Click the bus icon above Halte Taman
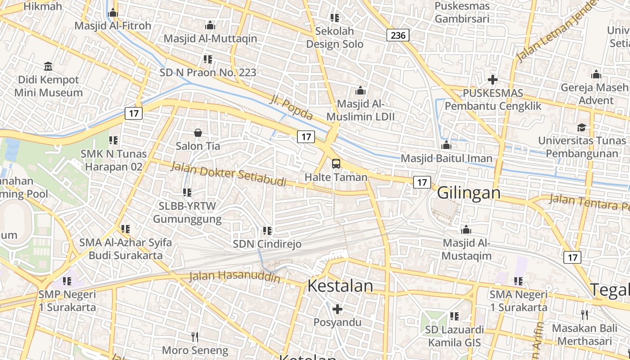(x=336, y=164)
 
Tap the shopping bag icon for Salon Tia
(x=198, y=133)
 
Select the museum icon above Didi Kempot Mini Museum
(x=48, y=67)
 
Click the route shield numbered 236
(x=398, y=35)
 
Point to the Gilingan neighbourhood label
(x=468, y=193)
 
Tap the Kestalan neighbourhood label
(x=340, y=286)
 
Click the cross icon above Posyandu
(x=337, y=309)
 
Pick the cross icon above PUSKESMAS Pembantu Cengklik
(x=493, y=80)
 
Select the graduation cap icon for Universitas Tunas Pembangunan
(x=581, y=127)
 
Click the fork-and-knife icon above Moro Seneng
(x=195, y=337)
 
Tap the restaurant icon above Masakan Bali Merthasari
(x=585, y=315)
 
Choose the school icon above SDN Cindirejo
(x=267, y=231)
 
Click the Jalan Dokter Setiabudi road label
(x=229, y=174)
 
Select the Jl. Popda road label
(x=291, y=108)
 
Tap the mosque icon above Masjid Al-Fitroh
(x=113, y=13)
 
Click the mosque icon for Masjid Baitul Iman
(x=446, y=145)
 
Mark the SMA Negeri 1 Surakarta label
(x=518, y=301)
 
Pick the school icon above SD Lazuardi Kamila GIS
(x=454, y=316)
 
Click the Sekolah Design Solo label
(x=334, y=38)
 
